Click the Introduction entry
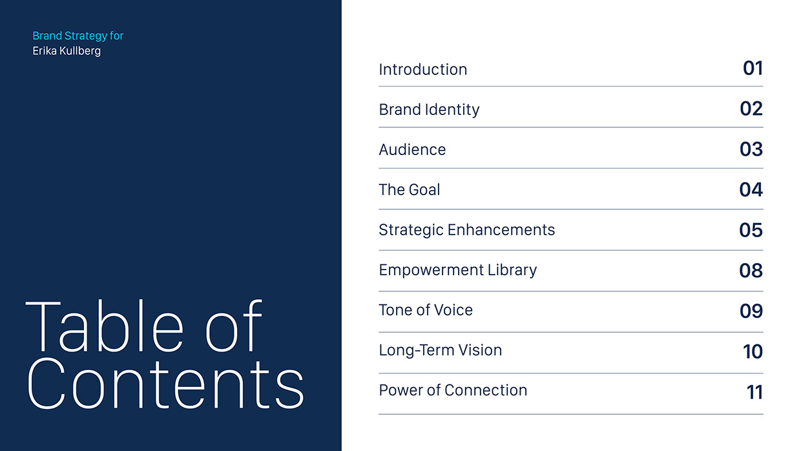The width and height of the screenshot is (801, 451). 422,69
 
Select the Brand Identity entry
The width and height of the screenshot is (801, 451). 429,109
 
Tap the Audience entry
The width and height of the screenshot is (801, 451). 412,149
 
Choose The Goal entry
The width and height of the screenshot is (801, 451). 409,189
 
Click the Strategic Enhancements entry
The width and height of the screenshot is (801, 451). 466,229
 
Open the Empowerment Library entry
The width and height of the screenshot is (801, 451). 457,269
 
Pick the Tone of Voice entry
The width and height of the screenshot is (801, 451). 426,309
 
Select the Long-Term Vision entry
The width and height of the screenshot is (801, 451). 440,350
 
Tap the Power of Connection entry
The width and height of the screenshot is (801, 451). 453,390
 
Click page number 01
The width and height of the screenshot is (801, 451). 753,68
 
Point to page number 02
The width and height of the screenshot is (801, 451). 751,108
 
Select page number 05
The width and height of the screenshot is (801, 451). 751,229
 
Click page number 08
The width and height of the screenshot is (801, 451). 751,270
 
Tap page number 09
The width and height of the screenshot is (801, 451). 751,311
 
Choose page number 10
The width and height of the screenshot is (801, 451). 753,351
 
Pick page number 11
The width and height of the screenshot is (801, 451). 754,392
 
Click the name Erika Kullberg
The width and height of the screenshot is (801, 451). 67,50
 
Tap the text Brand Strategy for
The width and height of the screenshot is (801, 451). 78,36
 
